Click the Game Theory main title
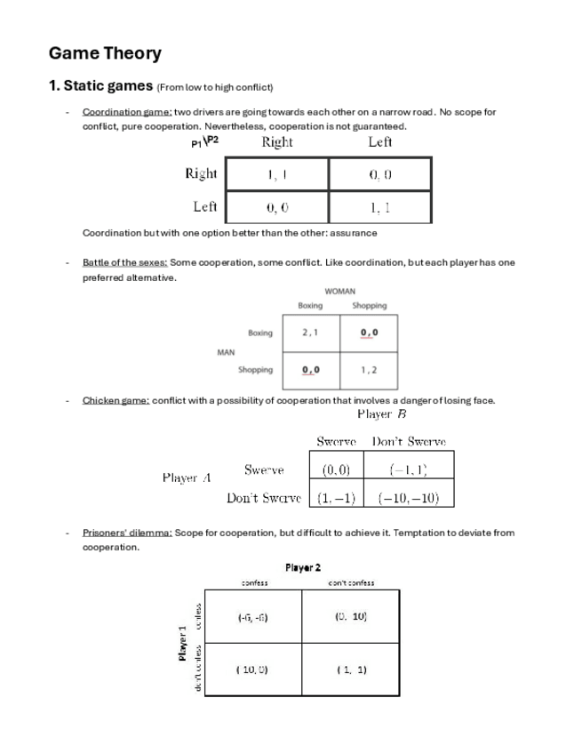[x=105, y=53]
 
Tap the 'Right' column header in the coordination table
[x=277, y=142]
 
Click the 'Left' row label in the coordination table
[x=205, y=206]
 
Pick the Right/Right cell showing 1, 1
[x=277, y=175]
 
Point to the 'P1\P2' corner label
[x=203, y=142]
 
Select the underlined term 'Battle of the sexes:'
[x=124, y=263]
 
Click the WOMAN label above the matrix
[x=340, y=291]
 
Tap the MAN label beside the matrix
[x=226, y=352]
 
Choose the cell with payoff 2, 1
[x=310, y=333]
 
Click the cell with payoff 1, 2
[x=369, y=369]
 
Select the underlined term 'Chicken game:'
[x=116, y=400]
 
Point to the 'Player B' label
[x=382, y=414]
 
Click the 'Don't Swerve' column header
[x=409, y=442]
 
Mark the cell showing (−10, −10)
[x=409, y=498]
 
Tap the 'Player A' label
[x=187, y=478]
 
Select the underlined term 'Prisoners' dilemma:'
[x=127, y=533]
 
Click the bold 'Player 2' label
[x=303, y=567]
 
